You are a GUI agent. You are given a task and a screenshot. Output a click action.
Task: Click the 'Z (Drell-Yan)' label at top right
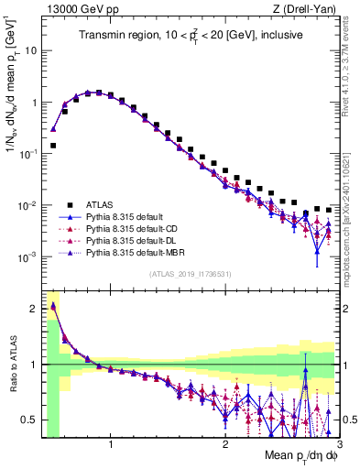(x=307, y=8)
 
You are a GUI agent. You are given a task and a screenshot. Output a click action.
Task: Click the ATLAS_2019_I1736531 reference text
(x=191, y=273)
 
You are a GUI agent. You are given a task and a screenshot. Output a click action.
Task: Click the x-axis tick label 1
(x=111, y=444)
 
